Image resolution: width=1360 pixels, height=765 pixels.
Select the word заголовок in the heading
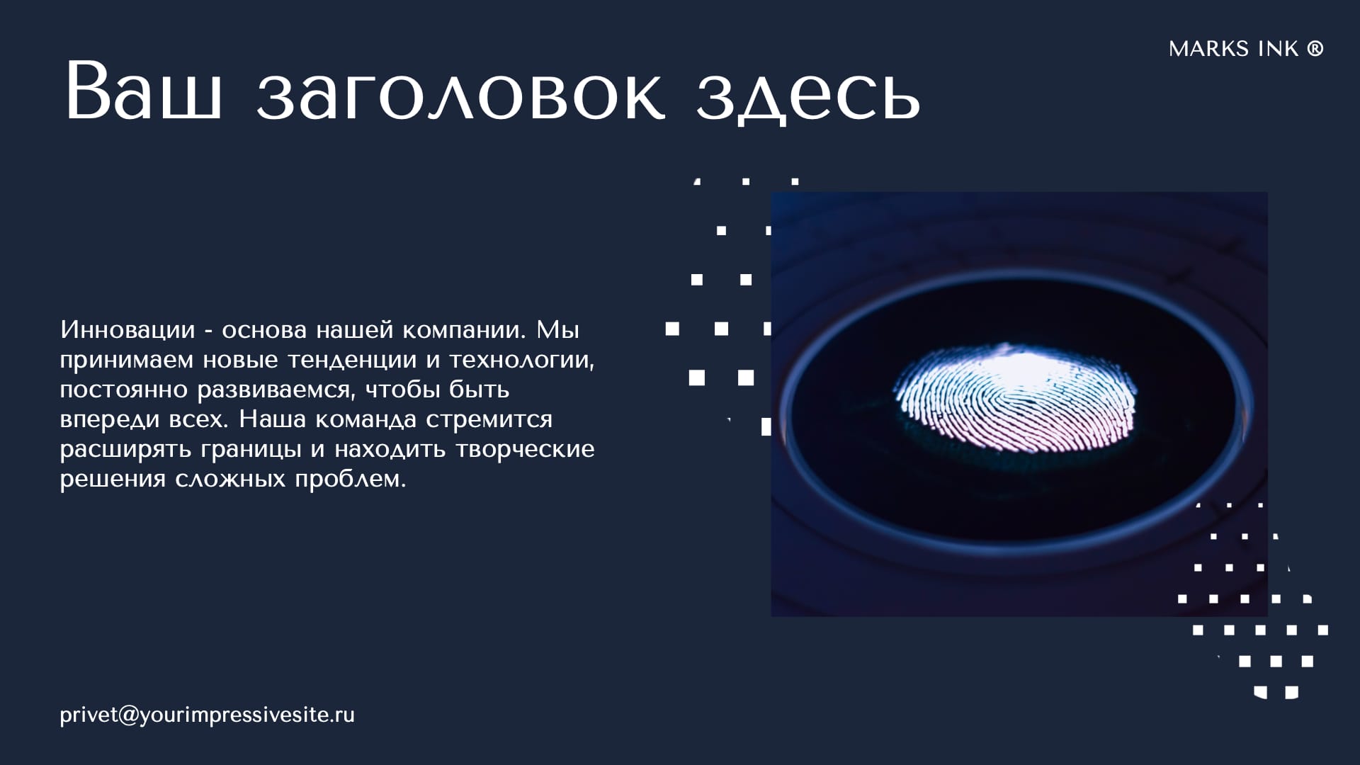[x=461, y=96]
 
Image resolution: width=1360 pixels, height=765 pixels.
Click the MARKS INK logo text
[x=1233, y=49]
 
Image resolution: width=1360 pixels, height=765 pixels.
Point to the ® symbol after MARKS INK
[x=1315, y=48]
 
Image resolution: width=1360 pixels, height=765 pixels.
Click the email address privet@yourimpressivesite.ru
[x=207, y=715]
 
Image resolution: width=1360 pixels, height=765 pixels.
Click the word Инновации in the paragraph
[x=127, y=329]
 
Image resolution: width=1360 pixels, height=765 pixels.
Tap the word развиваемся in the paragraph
[x=274, y=390]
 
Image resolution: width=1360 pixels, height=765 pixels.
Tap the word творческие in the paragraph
[x=525, y=449]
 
